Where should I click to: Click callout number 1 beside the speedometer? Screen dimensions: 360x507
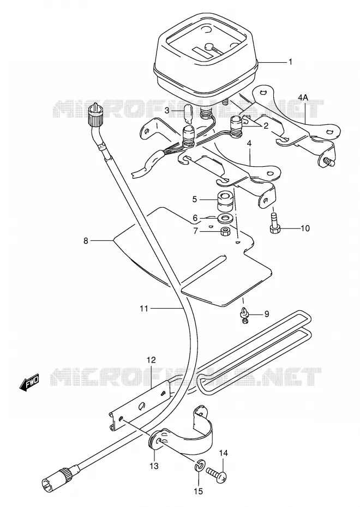pos(291,62)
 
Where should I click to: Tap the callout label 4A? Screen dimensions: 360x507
pos(303,98)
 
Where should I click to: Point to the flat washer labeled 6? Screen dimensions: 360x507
pos(225,218)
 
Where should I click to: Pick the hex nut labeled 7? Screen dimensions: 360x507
pos(225,232)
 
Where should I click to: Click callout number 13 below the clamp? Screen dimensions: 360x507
pos(154,466)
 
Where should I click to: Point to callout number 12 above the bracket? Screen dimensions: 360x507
pos(151,360)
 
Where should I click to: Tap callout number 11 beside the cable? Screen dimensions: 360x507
pos(144,309)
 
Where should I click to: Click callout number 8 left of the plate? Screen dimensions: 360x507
pos(86,241)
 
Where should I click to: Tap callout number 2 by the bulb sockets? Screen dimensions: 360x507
pos(266,126)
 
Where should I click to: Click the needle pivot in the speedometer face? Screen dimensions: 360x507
pos(209,46)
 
